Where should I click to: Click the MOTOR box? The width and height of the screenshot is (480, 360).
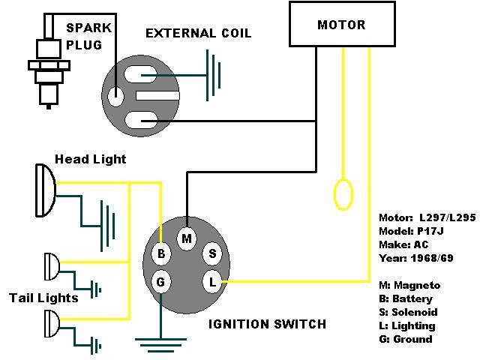tap(341, 25)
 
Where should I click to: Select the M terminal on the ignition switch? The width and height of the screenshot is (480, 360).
tap(187, 238)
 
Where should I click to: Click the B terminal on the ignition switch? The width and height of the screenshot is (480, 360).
tap(160, 253)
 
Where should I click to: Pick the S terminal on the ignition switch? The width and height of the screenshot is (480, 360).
tap(212, 253)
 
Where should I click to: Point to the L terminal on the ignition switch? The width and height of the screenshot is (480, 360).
tap(212, 282)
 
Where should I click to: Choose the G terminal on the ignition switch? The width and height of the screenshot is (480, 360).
tap(160, 282)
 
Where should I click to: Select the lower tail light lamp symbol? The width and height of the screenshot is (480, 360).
tap(50, 323)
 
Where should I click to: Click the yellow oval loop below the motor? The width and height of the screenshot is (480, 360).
tap(343, 193)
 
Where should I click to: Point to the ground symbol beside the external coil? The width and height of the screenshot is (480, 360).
tap(214, 75)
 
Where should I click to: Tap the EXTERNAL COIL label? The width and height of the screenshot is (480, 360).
tap(198, 34)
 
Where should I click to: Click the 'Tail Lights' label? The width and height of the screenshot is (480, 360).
tap(43, 298)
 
